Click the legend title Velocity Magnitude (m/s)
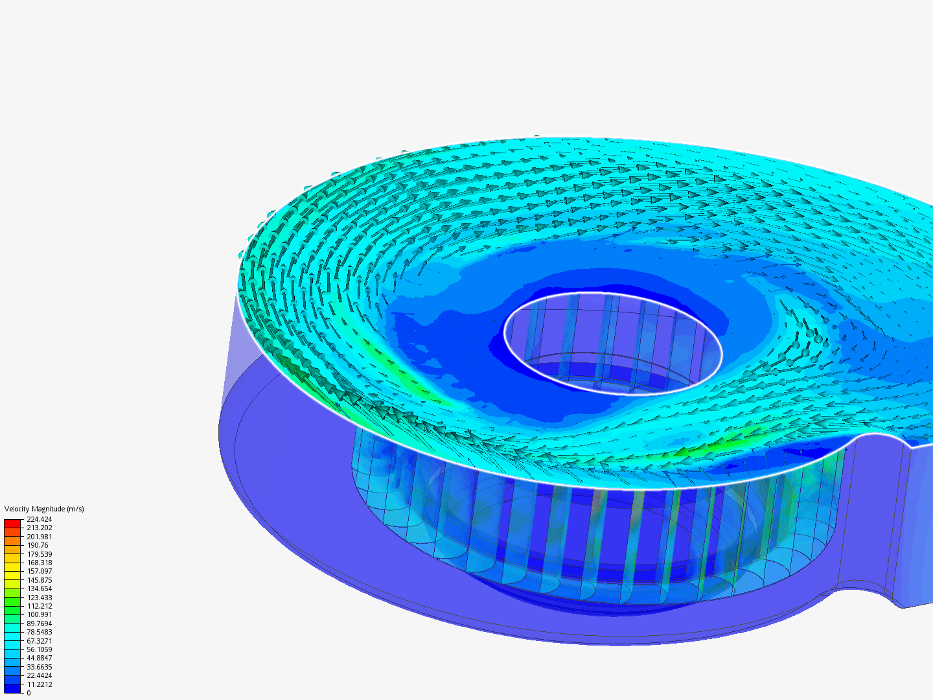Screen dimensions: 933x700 click(44, 509)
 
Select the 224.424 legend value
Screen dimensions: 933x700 click(39, 519)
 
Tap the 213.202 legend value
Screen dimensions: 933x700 click(39, 528)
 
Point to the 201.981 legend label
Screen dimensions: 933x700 click(39, 537)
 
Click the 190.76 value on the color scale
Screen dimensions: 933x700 click(38, 545)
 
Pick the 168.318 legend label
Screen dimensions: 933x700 click(39, 563)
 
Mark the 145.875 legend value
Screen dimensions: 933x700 click(39, 580)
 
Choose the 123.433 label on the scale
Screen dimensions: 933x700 click(39, 598)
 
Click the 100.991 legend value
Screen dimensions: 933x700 click(39, 614)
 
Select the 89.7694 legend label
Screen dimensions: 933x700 click(39, 624)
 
